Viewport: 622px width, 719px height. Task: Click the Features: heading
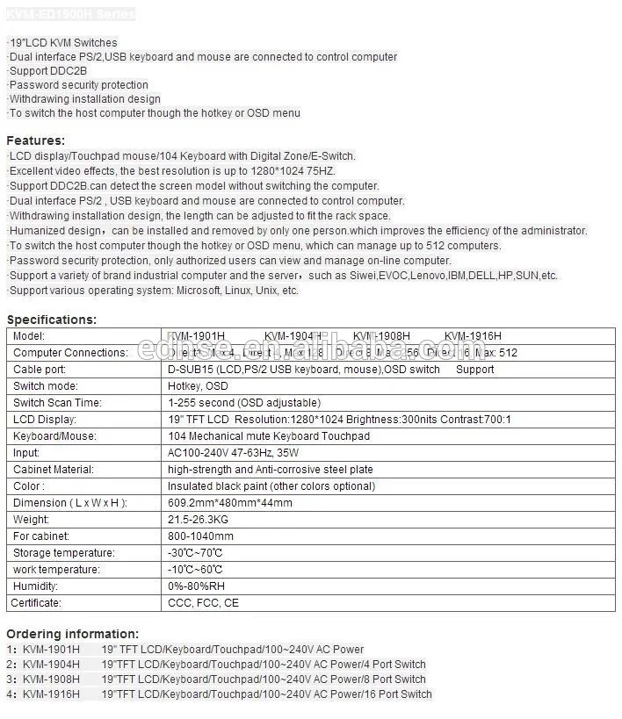[x=36, y=140]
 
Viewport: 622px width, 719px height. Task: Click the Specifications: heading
[x=52, y=320]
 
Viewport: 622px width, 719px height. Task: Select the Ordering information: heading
[x=72, y=634]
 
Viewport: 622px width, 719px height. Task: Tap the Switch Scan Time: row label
[x=57, y=403]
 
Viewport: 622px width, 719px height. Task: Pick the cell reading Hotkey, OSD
[x=198, y=386]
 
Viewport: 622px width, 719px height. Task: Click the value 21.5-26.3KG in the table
[x=197, y=520]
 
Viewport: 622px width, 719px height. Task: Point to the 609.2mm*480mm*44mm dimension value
[x=230, y=503]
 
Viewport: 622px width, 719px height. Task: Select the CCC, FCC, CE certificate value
[x=203, y=603]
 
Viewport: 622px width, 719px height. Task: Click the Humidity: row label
[x=36, y=586]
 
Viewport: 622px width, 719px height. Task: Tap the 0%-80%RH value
[x=196, y=586]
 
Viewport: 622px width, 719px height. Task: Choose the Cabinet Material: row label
[x=54, y=470]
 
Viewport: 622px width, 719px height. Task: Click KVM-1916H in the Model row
[x=473, y=336]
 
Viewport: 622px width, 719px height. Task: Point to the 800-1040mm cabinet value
[x=200, y=536]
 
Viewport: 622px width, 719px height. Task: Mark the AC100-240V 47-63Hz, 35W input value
[x=233, y=453]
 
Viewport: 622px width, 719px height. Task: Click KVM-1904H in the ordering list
[x=51, y=665]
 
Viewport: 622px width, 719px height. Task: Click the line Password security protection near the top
[x=79, y=85]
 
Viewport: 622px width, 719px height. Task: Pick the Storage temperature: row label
[x=64, y=553]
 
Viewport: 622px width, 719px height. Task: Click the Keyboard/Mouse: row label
[x=54, y=436]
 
